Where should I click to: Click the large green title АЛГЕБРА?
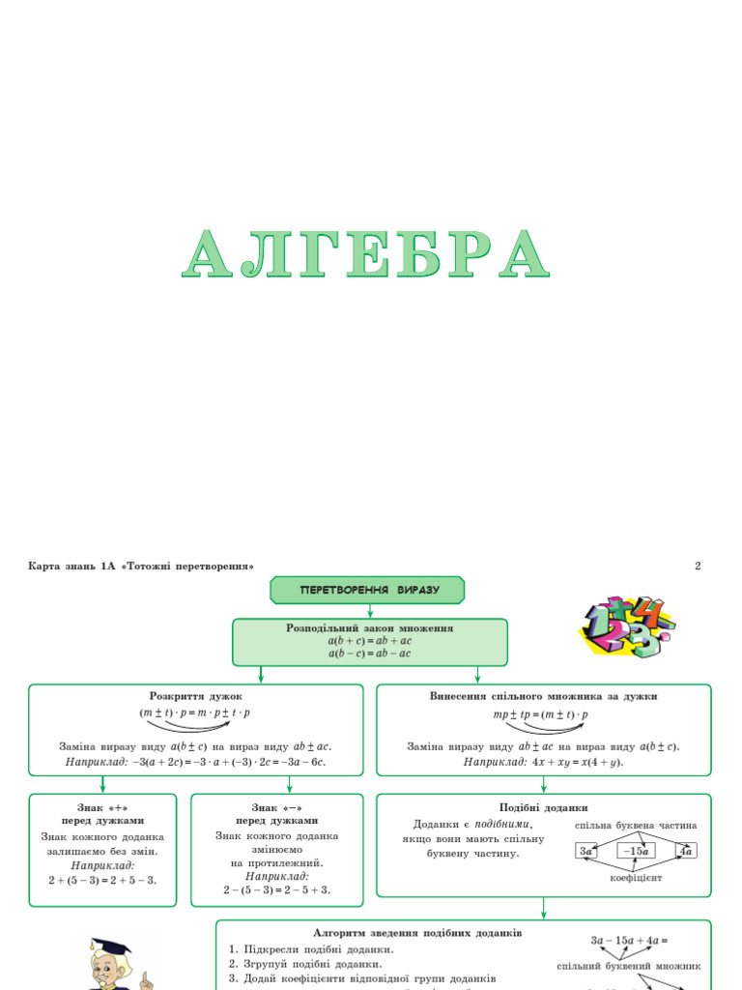pyautogui.click(x=367, y=256)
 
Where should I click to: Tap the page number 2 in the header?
pyautogui.click(x=698, y=566)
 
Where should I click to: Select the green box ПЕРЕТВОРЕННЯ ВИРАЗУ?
pyautogui.click(x=368, y=590)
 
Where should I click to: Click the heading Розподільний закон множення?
pyautogui.click(x=370, y=627)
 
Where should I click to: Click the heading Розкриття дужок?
pyautogui.click(x=196, y=695)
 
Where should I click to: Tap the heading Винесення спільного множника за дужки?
pyautogui.click(x=543, y=695)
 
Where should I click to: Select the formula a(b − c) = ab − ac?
pyautogui.click(x=370, y=654)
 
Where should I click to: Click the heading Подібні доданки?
pyautogui.click(x=543, y=807)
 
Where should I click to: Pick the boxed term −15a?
pyautogui.click(x=636, y=851)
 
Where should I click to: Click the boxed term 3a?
pyautogui.click(x=585, y=851)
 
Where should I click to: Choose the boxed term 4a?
pyautogui.click(x=686, y=851)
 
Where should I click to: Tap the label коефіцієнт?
pyautogui.click(x=635, y=878)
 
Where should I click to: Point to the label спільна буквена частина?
pyautogui.click(x=636, y=826)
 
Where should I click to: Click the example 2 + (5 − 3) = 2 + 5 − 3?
pyautogui.click(x=102, y=881)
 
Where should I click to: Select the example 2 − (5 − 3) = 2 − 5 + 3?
pyautogui.click(x=277, y=889)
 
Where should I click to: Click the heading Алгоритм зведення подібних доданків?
pyautogui.click(x=417, y=933)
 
